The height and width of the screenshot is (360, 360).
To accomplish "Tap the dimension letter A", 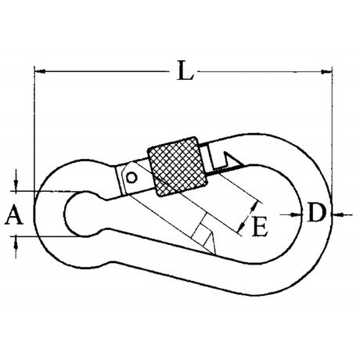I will [x=13, y=213].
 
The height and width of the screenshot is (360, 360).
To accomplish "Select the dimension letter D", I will [x=315, y=212].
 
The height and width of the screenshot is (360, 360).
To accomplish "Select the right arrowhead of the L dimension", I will [x=326, y=72].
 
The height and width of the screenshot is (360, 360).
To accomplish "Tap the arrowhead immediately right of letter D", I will [x=334, y=212].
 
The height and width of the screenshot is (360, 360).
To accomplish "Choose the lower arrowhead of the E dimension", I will [x=238, y=229].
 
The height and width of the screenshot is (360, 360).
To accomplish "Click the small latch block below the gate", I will [x=205, y=236].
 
